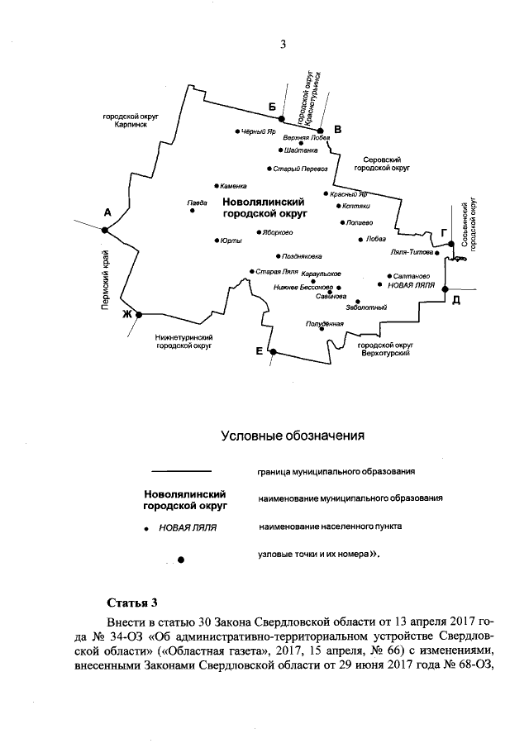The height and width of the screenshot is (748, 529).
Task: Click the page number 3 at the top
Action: click(x=282, y=45)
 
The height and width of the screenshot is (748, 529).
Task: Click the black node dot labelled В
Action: click(x=320, y=130)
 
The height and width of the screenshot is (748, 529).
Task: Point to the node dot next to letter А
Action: click(x=104, y=231)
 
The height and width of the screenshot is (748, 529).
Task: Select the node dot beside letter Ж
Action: click(x=139, y=314)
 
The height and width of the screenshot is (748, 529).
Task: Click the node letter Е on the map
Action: click(x=260, y=351)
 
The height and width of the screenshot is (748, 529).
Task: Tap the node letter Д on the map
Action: click(x=455, y=299)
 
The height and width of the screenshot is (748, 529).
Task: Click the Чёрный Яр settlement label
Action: click(x=258, y=131)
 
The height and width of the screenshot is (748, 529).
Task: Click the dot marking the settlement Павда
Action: click(x=193, y=211)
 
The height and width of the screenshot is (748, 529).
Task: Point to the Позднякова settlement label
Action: click(x=302, y=256)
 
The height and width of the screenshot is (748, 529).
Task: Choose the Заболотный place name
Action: click(x=368, y=307)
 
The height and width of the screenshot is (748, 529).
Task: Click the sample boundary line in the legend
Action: click(x=183, y=471)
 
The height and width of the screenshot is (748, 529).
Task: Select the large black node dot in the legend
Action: click(x=181, y=560)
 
